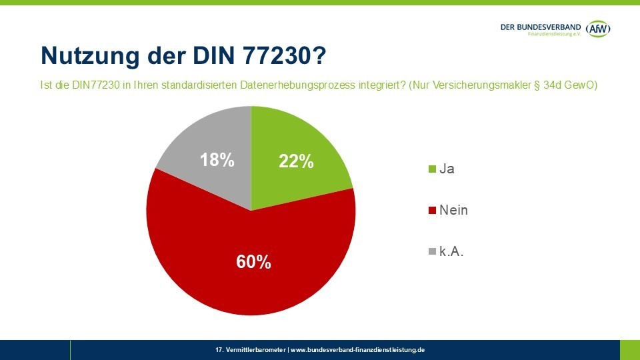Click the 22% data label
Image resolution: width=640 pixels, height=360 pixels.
(296, 161)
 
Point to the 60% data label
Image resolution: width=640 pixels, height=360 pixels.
(253, 262)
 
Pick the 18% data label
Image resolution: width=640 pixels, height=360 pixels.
(217, 160)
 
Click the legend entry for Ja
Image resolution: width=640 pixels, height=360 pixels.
(447, 169)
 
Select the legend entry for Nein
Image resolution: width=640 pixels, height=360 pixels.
(453, 210)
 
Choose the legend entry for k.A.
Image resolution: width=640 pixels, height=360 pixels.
(451, 251)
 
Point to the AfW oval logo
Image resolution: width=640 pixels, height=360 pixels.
(598, 29)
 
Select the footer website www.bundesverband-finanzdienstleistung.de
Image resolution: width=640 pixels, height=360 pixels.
(358, 349)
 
